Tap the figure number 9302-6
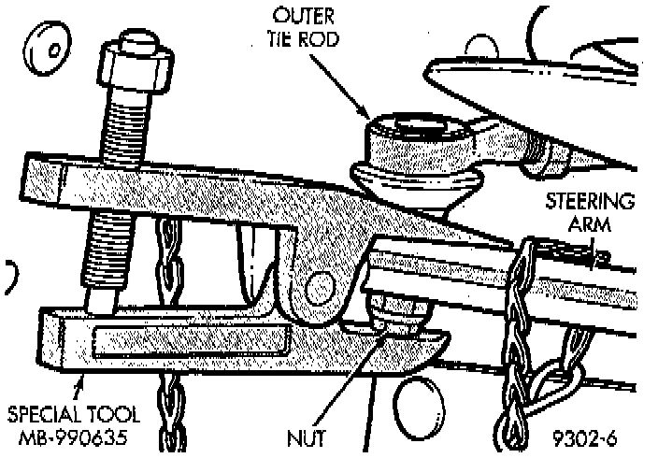(585, 436)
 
